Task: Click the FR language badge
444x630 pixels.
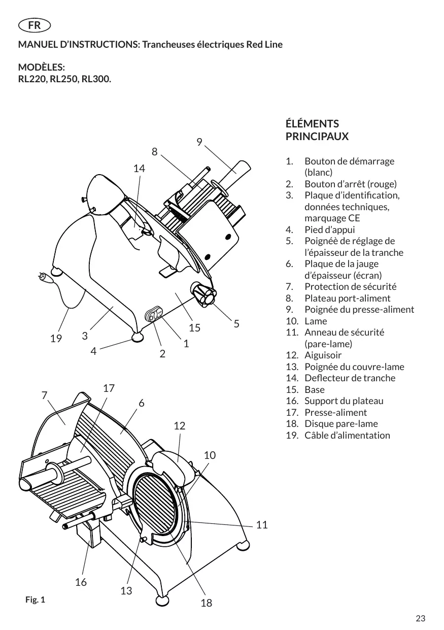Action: coord(35,25)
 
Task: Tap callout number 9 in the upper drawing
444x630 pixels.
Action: coord(199,142)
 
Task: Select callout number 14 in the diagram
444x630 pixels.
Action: coord(139,169)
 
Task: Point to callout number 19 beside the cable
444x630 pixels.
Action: coord(56,338)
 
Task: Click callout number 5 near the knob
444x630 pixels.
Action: coord(236,324)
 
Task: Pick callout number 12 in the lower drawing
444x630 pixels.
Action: coord(180,426)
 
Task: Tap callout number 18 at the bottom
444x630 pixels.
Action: coord(207,603)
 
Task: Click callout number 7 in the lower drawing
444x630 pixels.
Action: coord(45,395)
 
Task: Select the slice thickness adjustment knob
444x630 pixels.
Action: coord(203,293)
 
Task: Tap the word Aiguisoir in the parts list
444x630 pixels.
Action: coord(323,355)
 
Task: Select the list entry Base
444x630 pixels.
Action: coord(315,389)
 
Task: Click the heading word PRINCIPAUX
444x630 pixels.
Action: coord(317,137)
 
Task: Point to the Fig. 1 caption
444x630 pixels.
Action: coord(35,600)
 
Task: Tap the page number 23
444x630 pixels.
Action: coord(420,618)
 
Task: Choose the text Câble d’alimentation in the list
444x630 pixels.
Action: coord(347,435)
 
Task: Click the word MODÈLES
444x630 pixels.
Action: coord(41,67)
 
